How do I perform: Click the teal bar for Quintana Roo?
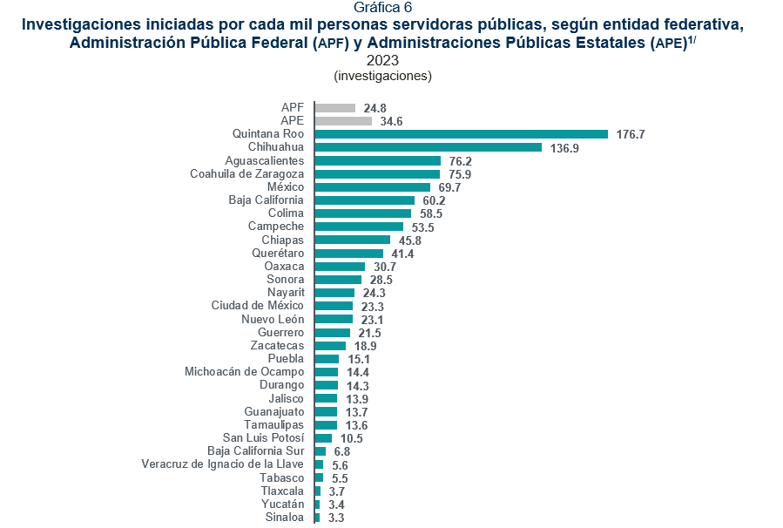[x=461, y=134]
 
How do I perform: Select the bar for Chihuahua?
[x=428, y=147]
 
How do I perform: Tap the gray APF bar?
[x=335, y=108]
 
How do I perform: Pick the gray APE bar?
[x=343, y=121]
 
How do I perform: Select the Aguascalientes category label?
[x=264, y=161]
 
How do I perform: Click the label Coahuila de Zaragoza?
[x=246, y=174]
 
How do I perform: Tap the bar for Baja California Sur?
[x=321, y=451]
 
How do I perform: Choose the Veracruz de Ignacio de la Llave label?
[x=222, y=464]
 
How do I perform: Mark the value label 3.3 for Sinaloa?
[x=335, y=518]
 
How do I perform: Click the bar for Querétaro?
[x=348, y=254]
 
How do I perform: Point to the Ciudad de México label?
[x=257, y=306]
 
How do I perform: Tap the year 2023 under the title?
[x=382, y=60]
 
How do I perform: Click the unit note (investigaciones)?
[x=382, y=76]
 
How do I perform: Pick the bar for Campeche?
[x=359, y=227]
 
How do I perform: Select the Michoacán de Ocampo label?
[x=244, y=372]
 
